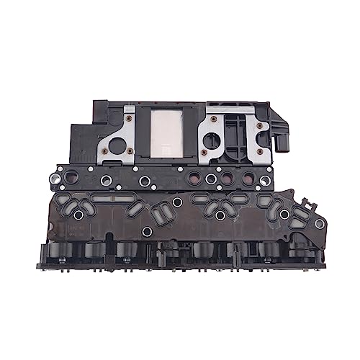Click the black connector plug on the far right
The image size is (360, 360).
coord(286,135)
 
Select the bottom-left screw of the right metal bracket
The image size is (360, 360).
coord(203,153)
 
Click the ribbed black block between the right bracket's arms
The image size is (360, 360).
coord(232,134)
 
